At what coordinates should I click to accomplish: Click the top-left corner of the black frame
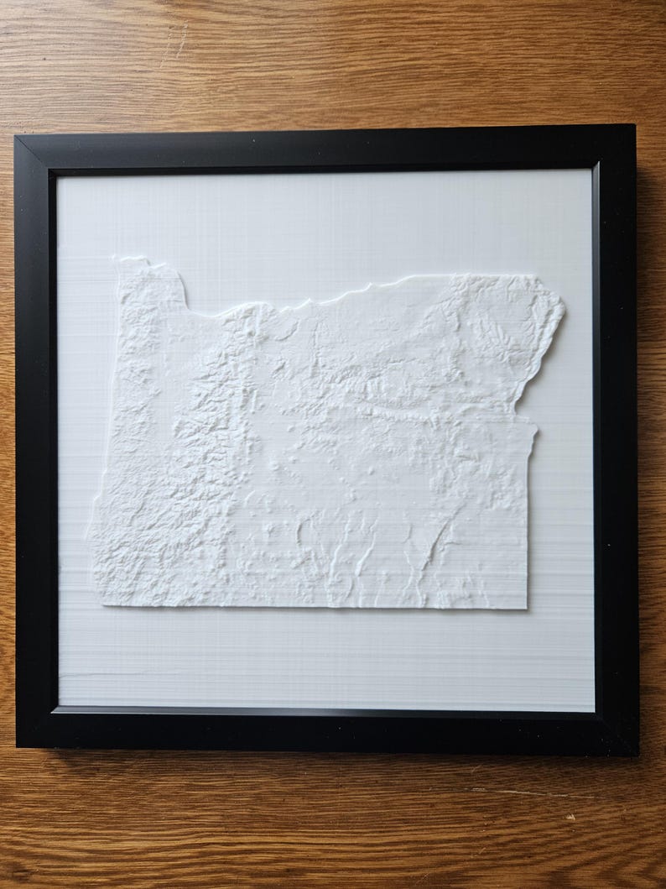click(17, 137)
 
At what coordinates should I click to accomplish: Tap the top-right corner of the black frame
click(633, 126)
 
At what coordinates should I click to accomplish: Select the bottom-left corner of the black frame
click(18, 746)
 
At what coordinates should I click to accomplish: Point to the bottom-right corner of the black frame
click(637, 753)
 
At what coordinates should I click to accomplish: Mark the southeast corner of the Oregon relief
click(527, 607)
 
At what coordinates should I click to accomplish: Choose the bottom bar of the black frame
click(327, 729)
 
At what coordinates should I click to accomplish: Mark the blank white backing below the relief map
click(327, 659)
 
